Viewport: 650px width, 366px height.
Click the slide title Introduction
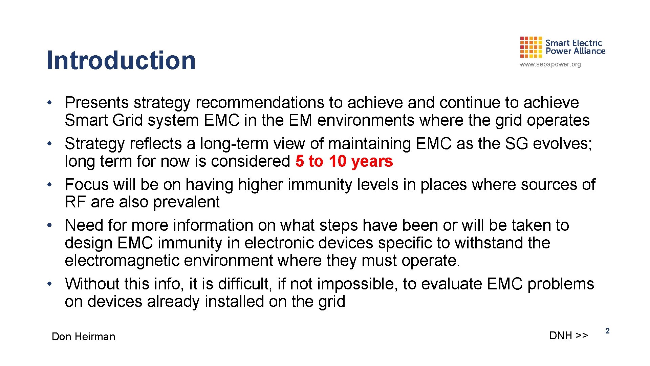121,60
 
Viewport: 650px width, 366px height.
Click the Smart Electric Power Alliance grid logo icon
530,47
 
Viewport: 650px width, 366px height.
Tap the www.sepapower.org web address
550,64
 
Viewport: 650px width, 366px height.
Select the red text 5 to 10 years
344,161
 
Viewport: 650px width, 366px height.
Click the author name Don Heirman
83,337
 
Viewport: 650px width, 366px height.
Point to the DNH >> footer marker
568,335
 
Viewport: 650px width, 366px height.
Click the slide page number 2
607,331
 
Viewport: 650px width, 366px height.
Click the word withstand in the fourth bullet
489,243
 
